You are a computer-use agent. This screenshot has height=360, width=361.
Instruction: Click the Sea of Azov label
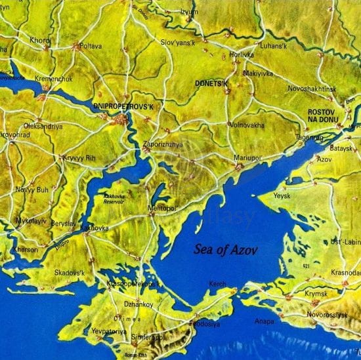[x=226, y=249]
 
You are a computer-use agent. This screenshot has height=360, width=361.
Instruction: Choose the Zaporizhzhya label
[x=163, y=144]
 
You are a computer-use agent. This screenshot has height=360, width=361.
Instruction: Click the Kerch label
[x=217, y=283]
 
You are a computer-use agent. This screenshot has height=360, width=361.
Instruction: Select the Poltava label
[x=90, y=47]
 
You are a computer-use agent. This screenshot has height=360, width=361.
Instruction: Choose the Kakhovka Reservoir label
[x=116, y=198]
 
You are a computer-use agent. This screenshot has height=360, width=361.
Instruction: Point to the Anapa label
[x=265, y=321]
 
